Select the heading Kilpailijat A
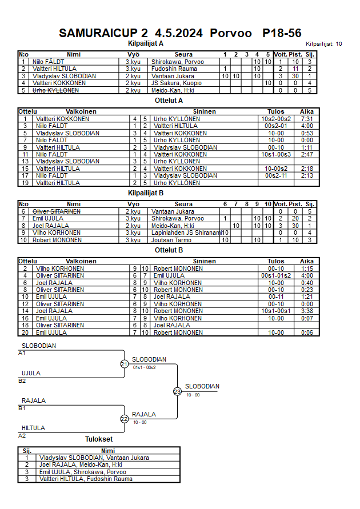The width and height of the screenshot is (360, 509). [146, 43]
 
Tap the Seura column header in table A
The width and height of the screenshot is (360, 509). [183, 54]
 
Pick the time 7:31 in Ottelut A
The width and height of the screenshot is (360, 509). [307, 119]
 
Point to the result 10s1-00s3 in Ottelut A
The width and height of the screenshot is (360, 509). [276, 154]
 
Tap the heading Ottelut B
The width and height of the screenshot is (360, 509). [169, 250]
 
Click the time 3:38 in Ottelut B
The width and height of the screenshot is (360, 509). [307, 311]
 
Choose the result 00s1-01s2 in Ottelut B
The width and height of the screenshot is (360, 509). [276, 275]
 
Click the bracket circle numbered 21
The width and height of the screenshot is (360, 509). [124, 364]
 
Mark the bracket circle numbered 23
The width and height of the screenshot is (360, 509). [177, 391]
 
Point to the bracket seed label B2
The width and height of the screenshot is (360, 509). [22, 380]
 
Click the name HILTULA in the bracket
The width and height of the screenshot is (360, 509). [33, 428]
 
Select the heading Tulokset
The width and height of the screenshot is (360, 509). [99, 439]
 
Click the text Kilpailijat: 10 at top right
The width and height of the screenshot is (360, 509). [324, 43]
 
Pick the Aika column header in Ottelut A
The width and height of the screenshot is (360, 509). [307, 111]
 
